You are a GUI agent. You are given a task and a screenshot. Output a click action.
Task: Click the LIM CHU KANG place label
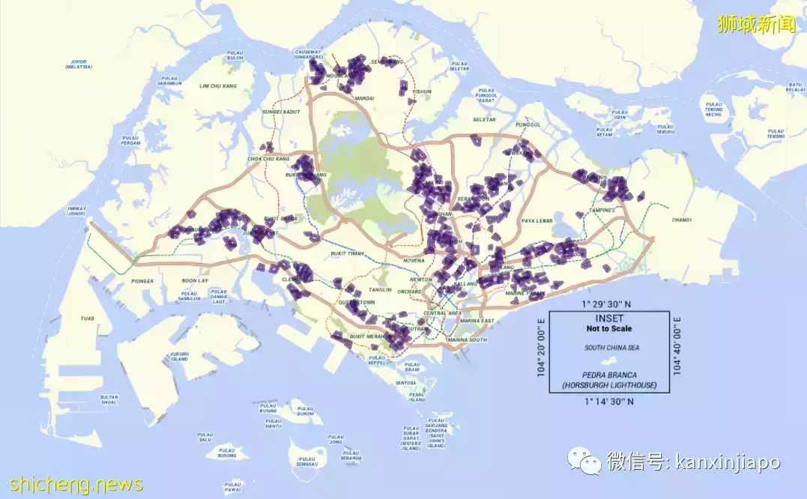(x=217, y=86)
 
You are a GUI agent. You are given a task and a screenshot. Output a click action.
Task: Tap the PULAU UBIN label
(x=620, y=115)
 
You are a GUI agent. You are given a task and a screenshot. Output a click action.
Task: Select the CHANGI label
(x=681, y=220)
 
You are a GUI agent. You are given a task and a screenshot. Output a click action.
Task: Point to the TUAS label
(x=88, y=318)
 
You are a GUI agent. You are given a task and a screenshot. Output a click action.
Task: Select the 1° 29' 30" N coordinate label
(x=608, y=303)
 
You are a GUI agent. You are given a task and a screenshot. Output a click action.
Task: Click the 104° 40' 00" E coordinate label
(x=677, y=345)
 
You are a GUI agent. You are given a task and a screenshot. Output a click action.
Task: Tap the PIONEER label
(x=142, y=281)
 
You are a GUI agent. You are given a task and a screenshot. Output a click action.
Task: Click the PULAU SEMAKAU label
(x=306, y=462)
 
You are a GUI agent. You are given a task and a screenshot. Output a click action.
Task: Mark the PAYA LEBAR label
(x=537, y=220)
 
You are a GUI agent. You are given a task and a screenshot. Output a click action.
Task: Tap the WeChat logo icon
(x=583, y=461)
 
